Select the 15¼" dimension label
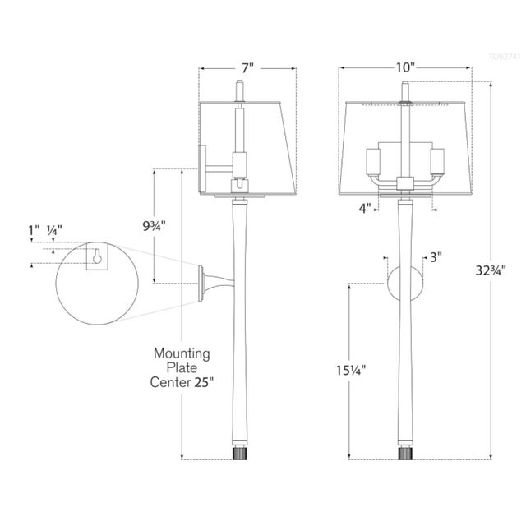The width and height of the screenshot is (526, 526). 351,369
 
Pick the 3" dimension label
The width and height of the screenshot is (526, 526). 436,257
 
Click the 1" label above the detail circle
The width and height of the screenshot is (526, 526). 34,232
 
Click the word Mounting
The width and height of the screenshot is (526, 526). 182,353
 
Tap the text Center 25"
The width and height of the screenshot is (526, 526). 182,382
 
